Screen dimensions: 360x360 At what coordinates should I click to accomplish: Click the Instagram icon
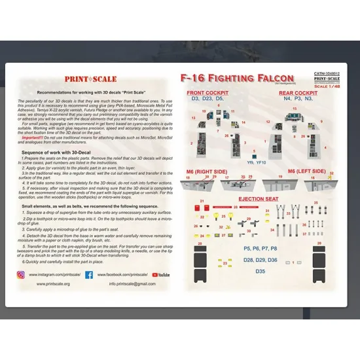tap(20, 275)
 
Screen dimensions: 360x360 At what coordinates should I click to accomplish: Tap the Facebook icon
tap(88, 275)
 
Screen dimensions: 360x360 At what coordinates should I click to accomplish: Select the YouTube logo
tap(160, 275)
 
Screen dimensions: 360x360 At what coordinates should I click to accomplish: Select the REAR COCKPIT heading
tap(298, 93)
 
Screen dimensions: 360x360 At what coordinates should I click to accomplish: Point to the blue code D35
tap(260, 270)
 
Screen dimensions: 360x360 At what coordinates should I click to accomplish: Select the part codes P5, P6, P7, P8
tap(260, 249)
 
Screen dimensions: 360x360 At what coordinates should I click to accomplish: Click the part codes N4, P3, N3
tap(298, 99)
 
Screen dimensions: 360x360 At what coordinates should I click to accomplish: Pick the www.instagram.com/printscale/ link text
tap(56, 275)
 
